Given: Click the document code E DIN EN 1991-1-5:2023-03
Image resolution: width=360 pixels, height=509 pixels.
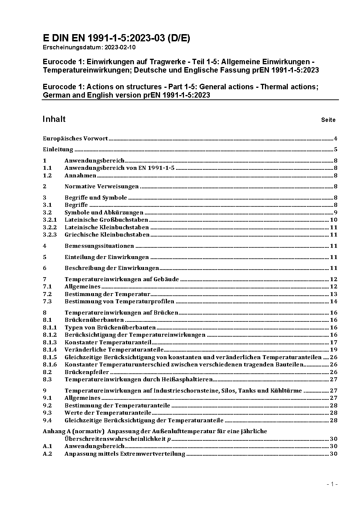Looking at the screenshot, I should coord(116,38).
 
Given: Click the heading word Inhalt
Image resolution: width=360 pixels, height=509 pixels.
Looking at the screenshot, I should coord(54,119).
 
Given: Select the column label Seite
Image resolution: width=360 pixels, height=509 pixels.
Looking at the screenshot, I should coord(328,120).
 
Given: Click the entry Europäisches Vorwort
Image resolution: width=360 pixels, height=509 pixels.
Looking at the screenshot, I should coord(75,138).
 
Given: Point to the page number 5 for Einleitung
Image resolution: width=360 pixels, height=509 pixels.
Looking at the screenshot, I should coord(336,149).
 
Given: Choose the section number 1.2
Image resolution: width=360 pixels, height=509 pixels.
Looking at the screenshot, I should coord(47,176).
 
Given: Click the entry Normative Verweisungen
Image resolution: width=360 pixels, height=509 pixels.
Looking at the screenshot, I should coord(102,186).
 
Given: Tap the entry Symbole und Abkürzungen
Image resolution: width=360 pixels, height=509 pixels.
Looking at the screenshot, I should coord(104,213).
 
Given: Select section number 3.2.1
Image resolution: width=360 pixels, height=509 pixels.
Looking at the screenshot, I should coord(50,220).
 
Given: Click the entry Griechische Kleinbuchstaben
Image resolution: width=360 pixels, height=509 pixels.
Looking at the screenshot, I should coord(107,235).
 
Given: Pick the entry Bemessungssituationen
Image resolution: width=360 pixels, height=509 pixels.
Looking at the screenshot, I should coord(99,246).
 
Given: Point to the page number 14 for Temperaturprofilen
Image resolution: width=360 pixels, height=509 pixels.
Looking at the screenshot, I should coord(334,301).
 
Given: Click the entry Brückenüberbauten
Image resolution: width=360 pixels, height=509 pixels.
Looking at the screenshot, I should coord(94,320).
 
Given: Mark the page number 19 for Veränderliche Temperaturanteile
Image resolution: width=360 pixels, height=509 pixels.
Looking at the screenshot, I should coord(334,350).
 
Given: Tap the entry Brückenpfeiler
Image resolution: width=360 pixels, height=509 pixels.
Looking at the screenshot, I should coord(87,372).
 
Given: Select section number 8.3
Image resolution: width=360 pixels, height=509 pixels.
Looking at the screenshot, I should coord(47,379).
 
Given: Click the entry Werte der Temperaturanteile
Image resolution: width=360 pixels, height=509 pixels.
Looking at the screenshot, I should coord(108,413).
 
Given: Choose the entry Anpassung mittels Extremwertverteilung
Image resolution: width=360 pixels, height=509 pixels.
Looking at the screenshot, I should coord(125,454).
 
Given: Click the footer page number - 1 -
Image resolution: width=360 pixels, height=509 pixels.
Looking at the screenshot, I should coord(332,484).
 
